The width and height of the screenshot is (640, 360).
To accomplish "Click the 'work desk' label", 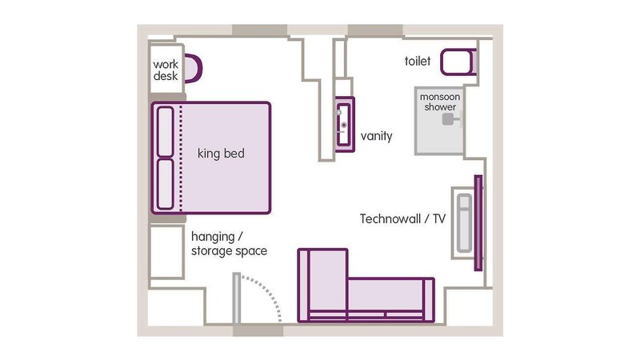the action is pos(166,70).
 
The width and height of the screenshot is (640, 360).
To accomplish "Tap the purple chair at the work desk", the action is pos(194,68).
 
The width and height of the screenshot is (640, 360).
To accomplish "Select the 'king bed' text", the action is pos(221,154).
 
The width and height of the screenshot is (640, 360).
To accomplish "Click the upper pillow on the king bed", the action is pos(166,131).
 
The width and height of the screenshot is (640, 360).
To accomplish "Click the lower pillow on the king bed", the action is pos(166,184).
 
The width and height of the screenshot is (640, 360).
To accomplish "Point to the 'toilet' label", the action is pos(418,62).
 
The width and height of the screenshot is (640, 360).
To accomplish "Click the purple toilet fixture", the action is pos(458,62).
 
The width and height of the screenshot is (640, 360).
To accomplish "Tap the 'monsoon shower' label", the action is pos(440,102).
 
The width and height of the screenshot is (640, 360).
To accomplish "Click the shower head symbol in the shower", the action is pos(450,119).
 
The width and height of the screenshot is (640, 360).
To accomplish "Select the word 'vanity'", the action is pos(376,136).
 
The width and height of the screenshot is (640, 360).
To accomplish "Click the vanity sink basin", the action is pos(344,125).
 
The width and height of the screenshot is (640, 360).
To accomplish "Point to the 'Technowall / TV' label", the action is pos(403,218).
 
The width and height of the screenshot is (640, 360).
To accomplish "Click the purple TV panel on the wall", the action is pos(478,223).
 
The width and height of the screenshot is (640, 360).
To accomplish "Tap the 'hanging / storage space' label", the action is pos(229,244).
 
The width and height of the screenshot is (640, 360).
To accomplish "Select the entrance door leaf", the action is pos(236,298).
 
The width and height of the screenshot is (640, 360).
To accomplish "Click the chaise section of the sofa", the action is pos(323,285).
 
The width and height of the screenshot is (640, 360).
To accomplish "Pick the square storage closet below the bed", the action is pos(166,252).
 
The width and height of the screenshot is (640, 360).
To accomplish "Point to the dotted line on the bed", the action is pos(182,158).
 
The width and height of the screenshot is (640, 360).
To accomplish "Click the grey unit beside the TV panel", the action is pos(464,223).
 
